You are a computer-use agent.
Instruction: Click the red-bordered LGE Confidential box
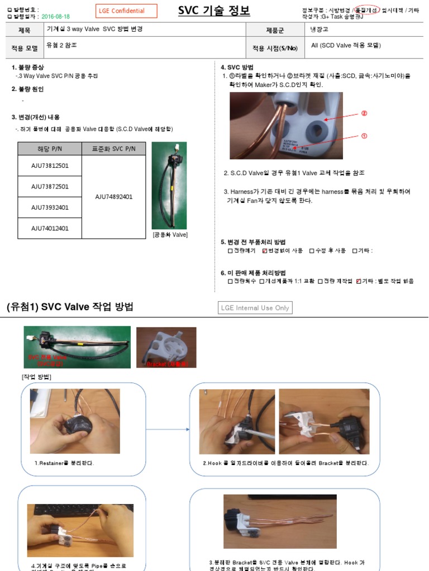pyautogui.click(x=127, y=11)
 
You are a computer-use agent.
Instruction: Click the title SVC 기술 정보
pyautogui.click(x=214, y=11)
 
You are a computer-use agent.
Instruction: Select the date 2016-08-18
pyautogui.click(x=56, y=17)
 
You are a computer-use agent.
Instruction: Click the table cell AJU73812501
pyautogui.click(x=50, y=166)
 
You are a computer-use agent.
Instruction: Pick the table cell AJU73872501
pyautogui.click(x=50, y=186)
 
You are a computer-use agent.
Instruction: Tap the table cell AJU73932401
pyautogui.click(x=50, y=207)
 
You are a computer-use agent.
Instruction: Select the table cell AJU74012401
pyautogui.click(x=50, y=228)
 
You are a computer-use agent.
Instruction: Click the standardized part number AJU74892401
pyautogui.click(x=113, y=197)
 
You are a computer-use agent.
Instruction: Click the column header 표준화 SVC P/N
pyautogui.click(x=113, y=149)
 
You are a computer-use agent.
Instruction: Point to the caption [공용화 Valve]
pyautogui.click(x=170, y=235)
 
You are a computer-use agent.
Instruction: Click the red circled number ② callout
pyautogui.click(x=364, y=113)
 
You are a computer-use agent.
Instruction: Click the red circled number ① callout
pyautogui.click(x=364, y=136)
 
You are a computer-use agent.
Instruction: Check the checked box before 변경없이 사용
pyautogui.click(x=265, y=251)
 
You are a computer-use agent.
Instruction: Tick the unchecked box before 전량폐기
pyautogui.click(x=230, y=251)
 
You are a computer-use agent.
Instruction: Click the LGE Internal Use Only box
pyautogui.click(x=255, y=308)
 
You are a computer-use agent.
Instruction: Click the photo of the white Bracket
pyautogui.click(x=166, y=347)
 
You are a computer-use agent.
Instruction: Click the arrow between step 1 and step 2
pyautogui.click(x=168, y=429)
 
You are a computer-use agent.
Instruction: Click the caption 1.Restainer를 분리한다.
pyautogui.click(x=64, y=463)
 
